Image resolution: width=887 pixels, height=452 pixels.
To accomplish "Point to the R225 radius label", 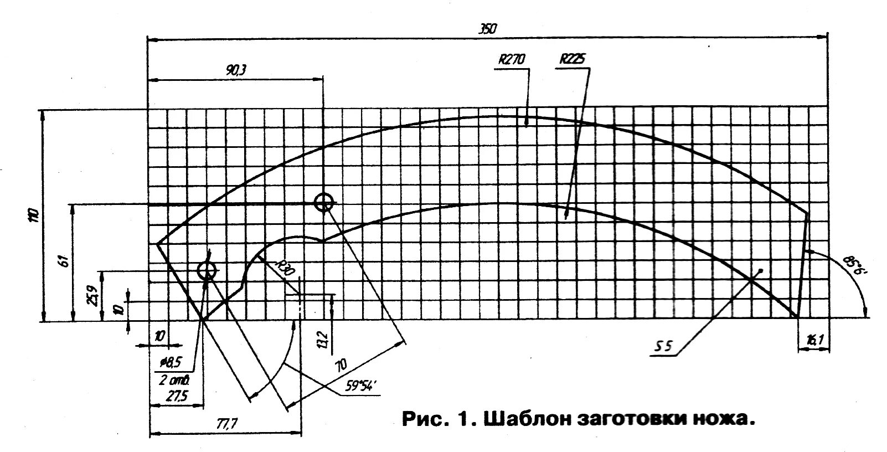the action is point(573,59).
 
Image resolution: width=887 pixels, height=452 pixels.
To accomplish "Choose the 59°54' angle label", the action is point(360,387).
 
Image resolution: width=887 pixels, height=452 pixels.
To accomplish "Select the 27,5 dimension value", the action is point(176,397).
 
